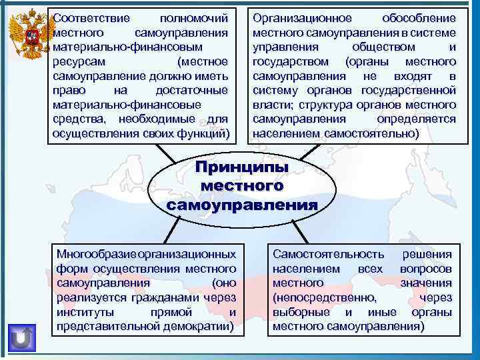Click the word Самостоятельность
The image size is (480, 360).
coord(328,254)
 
